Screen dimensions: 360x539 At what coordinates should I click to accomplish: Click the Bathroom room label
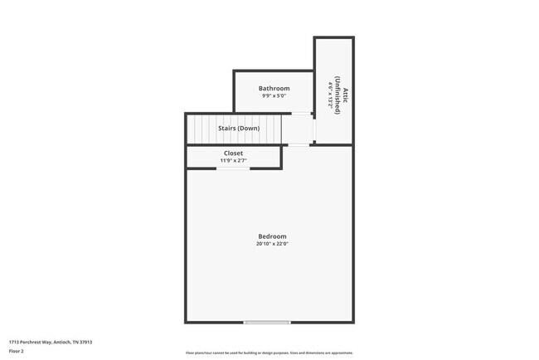click(273, 88)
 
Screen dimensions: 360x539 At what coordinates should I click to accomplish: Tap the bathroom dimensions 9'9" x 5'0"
click(273, 96)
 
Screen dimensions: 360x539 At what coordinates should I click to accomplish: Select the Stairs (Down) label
click(239, 129)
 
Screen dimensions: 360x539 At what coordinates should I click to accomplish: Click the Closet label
click(233, 153)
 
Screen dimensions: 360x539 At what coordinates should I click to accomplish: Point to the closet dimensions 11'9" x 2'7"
click(233, 161)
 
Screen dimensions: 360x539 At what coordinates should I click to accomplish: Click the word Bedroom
click(272, 236)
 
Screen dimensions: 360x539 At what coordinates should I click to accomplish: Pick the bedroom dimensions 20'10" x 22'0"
click(272, 244)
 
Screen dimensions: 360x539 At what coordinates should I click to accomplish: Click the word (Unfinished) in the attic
click(337, 94)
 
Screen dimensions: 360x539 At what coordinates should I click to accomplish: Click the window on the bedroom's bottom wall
click(267, 322)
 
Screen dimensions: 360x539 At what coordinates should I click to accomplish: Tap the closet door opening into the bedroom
click(227, 168)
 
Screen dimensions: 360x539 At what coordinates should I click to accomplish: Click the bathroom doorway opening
click(303, 114)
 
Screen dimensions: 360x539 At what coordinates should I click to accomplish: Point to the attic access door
click(314, 129)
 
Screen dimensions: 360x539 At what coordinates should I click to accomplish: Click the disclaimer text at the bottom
click(269, 352)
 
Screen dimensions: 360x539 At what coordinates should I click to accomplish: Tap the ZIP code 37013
click(85, 342)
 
